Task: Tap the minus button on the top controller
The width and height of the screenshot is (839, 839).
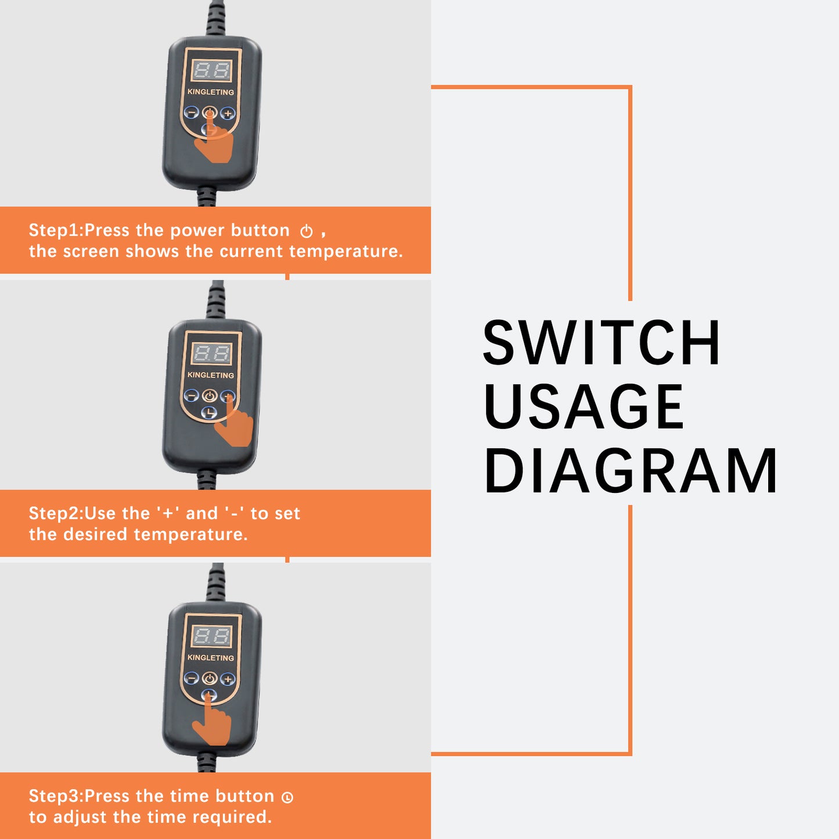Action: pyautogui.click(x=192, y=113)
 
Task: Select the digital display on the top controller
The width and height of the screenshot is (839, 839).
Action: pyautogui.click(x=211, y=70)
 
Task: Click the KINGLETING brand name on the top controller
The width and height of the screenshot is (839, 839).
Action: pyautogui.click(x=211, y=92)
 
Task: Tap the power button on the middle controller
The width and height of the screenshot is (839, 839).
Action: pyautogui.click(x=210, y=396)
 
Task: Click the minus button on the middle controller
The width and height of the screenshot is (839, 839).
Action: pyautogui.click(x=192, y=395)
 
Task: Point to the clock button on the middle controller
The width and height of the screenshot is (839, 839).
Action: pyautogui.click(x=209, y=412)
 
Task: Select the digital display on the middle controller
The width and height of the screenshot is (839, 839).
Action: pyautogui.click(x=211, y=353)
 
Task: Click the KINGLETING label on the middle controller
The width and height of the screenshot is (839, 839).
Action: pyautogui.click(x=211, y=375)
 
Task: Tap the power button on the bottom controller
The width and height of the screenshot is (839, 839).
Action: pyautogui.click(x=210, y=678)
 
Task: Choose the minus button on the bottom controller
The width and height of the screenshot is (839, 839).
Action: pyautogui.click(x=192, y=678)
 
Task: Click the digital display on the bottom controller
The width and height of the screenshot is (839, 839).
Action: pyautogui.click(x=211, y=636)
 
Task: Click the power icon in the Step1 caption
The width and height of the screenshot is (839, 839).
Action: pyautogui.click(x=307, y=231)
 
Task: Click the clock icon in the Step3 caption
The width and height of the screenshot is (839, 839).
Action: pyautogui.click(x=287, y=797)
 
